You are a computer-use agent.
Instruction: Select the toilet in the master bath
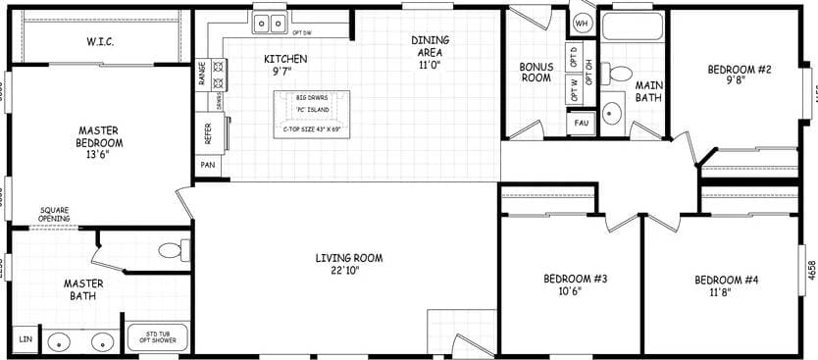[173, 251]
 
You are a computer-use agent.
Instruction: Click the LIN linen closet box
[26, 339]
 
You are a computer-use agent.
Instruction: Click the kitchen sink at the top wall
[269, 22]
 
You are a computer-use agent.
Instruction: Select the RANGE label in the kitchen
[203, 76]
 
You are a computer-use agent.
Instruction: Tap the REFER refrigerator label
[208, 133]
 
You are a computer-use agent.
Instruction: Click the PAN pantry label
[208, 165]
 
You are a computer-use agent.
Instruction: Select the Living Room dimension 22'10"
[348, 271]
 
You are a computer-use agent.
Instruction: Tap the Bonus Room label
[536, 73]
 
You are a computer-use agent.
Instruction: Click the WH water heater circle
[582, 22]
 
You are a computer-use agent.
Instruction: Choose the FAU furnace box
[581, 124]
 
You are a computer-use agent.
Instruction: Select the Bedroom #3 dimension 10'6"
[576, 290]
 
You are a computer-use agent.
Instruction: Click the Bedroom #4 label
[727, 280]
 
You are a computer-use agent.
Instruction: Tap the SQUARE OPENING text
[55, 214]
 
